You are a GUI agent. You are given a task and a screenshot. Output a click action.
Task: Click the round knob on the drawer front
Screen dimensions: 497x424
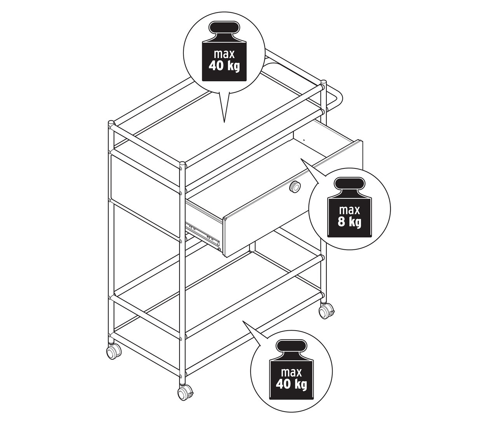295,186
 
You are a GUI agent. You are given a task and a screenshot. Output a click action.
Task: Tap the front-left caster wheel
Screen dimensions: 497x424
113,353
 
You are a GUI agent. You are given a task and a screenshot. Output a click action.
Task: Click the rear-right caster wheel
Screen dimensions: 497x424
326,312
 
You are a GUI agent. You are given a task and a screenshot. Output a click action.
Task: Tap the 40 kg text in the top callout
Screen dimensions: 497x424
224,66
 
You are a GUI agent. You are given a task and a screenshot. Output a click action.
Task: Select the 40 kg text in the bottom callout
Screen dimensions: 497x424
291,385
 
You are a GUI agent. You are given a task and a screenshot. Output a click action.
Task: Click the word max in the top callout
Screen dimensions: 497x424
224,54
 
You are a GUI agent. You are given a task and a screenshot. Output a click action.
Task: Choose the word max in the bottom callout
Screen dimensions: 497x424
291,373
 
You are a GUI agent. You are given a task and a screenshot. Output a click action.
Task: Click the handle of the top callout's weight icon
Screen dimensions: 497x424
224,28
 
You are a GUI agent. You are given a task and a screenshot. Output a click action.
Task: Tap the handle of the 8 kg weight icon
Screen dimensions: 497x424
349,184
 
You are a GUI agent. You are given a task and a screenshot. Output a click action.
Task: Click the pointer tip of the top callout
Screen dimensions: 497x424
224,123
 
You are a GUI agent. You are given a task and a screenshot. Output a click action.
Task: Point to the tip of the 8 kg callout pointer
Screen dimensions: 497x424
301,159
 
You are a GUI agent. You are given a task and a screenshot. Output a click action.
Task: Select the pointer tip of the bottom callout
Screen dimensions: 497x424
243,321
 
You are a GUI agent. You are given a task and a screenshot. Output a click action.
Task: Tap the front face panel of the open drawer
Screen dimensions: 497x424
293,198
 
